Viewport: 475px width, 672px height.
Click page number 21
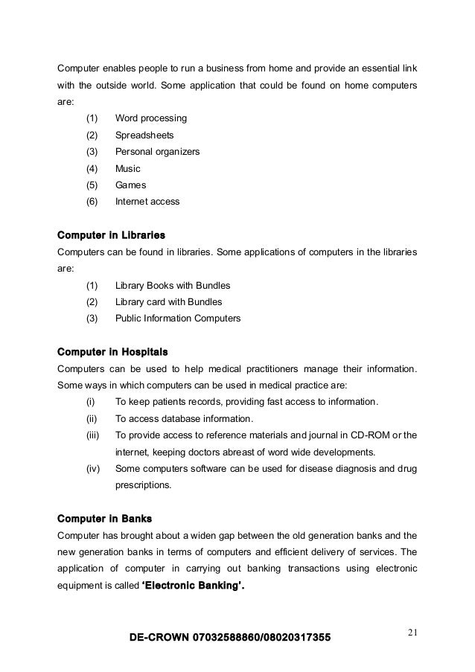pos(414,633)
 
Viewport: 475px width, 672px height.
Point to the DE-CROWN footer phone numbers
pos(230,638)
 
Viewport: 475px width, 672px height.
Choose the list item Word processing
pos(151,118)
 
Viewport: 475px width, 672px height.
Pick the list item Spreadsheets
pos(144,135)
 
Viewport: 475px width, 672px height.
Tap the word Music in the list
pos(128,168)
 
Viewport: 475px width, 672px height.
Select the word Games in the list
pos(130,185)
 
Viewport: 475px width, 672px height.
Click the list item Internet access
pos(147,201)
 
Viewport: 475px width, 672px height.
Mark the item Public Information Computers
pos(178,318)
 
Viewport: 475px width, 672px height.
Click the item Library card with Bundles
pos(168,301)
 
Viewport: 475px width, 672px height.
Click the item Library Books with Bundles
pos(173,285)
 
